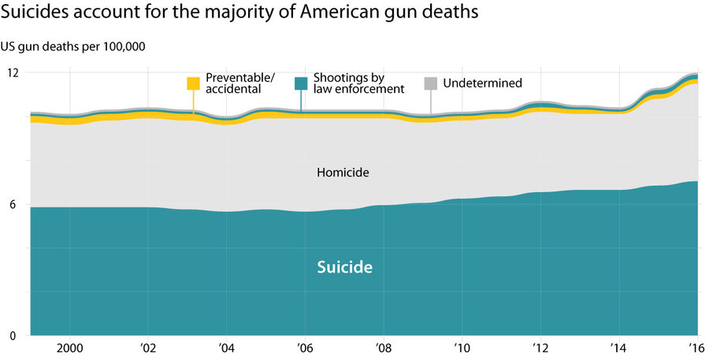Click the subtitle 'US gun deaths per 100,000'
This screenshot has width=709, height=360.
tap(77, 46)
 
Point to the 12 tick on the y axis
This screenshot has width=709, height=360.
tap(13, 72)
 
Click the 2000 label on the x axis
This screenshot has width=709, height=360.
tap(69, 347)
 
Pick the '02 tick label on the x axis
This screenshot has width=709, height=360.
tap(147, 347)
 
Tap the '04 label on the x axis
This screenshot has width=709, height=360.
tap(226, 347)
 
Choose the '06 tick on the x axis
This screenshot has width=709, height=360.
tap(304, 347)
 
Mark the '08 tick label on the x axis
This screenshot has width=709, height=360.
tap(383, 347)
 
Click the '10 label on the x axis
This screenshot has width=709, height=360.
tap(461, 347)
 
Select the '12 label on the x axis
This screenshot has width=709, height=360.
tap(540, 347)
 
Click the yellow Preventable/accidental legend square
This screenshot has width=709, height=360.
tap(193, 83)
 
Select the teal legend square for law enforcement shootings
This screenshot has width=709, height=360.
tap(300, 83)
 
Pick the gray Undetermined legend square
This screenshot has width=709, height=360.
tap(431, 83)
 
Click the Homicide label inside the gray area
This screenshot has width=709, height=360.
tap(343, 172)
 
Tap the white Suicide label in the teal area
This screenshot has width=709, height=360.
tap(344, 268)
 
